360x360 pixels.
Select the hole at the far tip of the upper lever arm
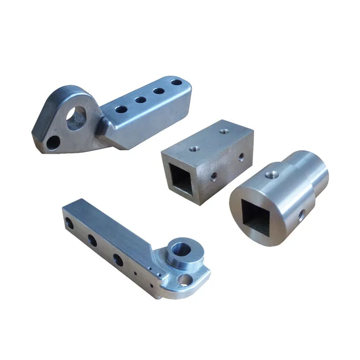click(176, 82)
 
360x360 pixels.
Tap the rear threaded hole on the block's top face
click(223, 131)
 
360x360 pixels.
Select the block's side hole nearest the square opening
click(213, 176)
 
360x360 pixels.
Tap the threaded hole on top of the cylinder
click(268, 174)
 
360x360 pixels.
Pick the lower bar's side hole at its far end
click(67, 223)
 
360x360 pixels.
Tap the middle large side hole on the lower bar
click(92, 240)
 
